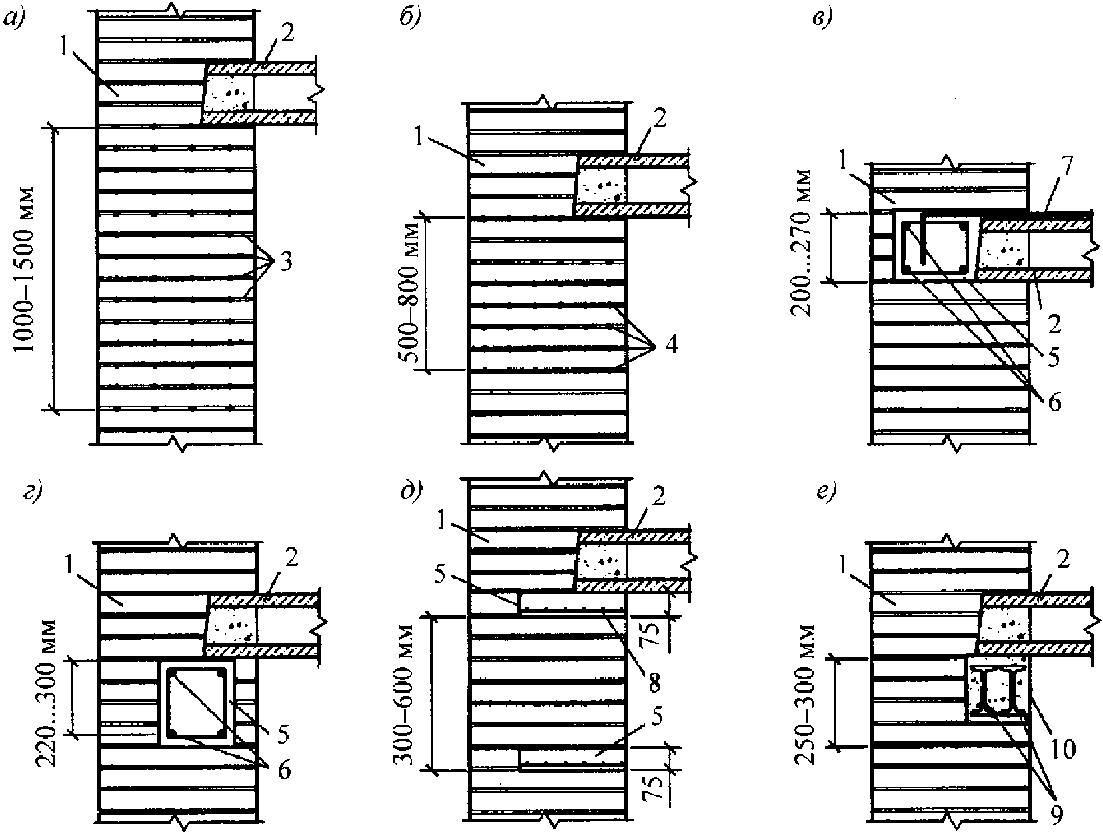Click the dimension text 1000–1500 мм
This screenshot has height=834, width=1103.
tap(24, 269)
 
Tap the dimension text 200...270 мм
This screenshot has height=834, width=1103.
tap(801, 243)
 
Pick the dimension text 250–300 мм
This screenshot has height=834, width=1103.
tap(805, 695)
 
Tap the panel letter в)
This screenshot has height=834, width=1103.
tap(823, 20)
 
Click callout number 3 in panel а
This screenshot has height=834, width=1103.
tap(286, 262)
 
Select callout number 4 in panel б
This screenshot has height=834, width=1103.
tap(672, 345)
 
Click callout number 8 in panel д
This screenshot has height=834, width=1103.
tap(653, 683)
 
